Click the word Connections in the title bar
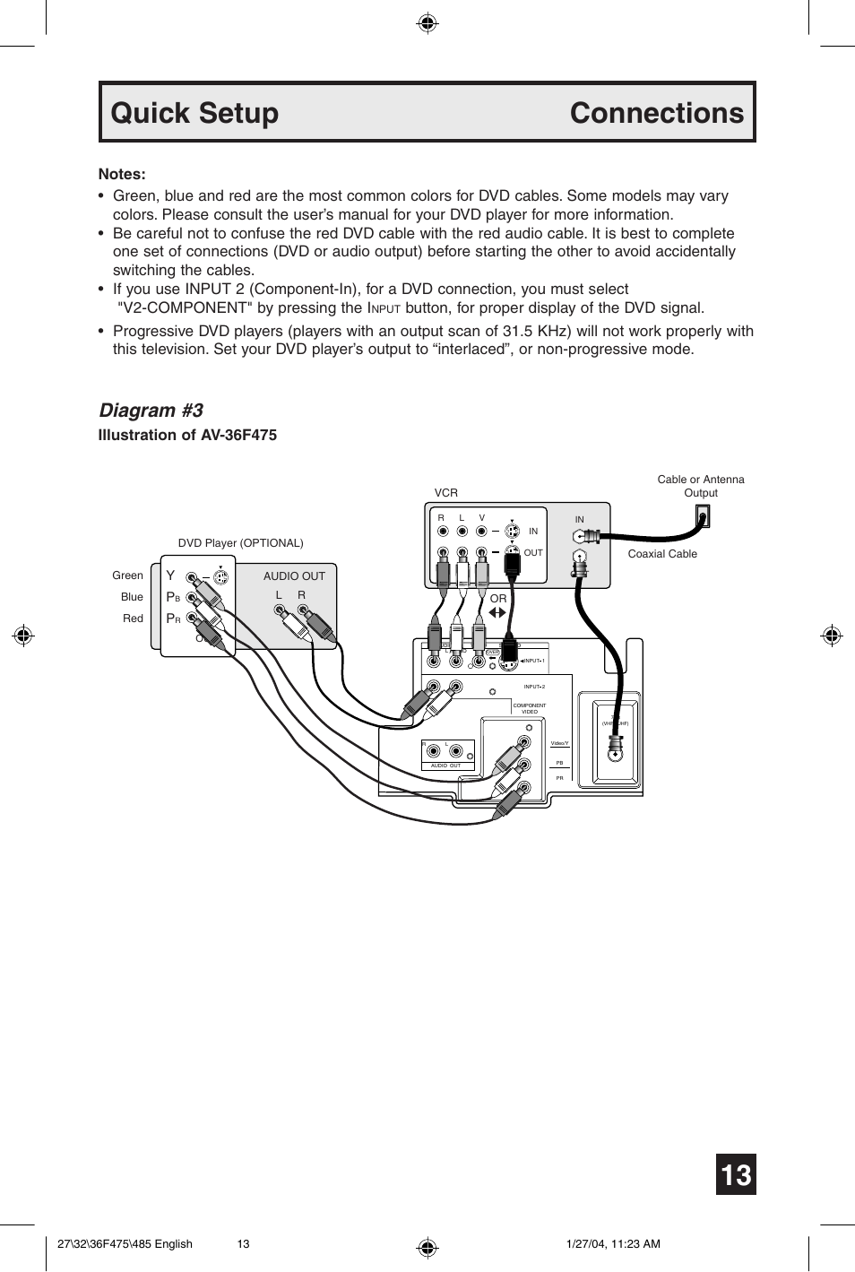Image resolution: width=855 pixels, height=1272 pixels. coord(656,113)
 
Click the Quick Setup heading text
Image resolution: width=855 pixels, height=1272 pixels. coord(194,113)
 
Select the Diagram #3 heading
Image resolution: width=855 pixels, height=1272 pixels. coord(151,410)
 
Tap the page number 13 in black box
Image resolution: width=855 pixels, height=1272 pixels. coord(736,1174)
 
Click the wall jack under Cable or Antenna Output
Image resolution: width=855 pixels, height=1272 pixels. coord(703,516)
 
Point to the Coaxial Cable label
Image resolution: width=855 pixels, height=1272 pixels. coord(662,554)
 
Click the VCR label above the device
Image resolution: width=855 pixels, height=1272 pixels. coord(445,493)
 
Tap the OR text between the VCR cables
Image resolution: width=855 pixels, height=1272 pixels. coord(498,598)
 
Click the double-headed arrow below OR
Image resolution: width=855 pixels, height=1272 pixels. coord(497,613)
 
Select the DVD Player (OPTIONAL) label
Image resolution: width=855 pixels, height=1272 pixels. coord(240,543)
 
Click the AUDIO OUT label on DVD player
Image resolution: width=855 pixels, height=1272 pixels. coord(294,576)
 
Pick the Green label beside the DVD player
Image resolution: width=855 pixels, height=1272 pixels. coord(127,575)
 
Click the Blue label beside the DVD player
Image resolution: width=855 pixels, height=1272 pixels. coord(132,597)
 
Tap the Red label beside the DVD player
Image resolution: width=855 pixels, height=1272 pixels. coord(133,619)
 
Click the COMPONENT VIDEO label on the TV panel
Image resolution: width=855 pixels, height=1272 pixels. coord(529,708)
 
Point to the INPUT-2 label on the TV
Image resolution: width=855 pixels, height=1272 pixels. coord(534,687)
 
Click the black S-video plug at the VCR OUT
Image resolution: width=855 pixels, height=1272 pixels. coord(512,563)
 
